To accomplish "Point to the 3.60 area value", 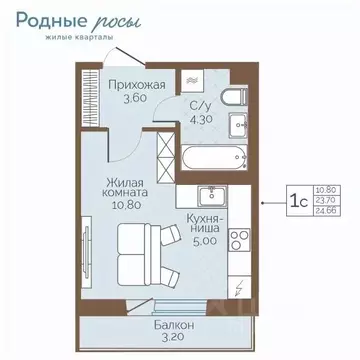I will pyautogui.click(x=121, y=98).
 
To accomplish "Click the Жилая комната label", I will pyautogui.click(x=123, y=189).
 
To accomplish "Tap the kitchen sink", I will pyautogui.click(x=211, y=195).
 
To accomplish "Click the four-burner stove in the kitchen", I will pyautogui.click(x=239, y=240).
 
